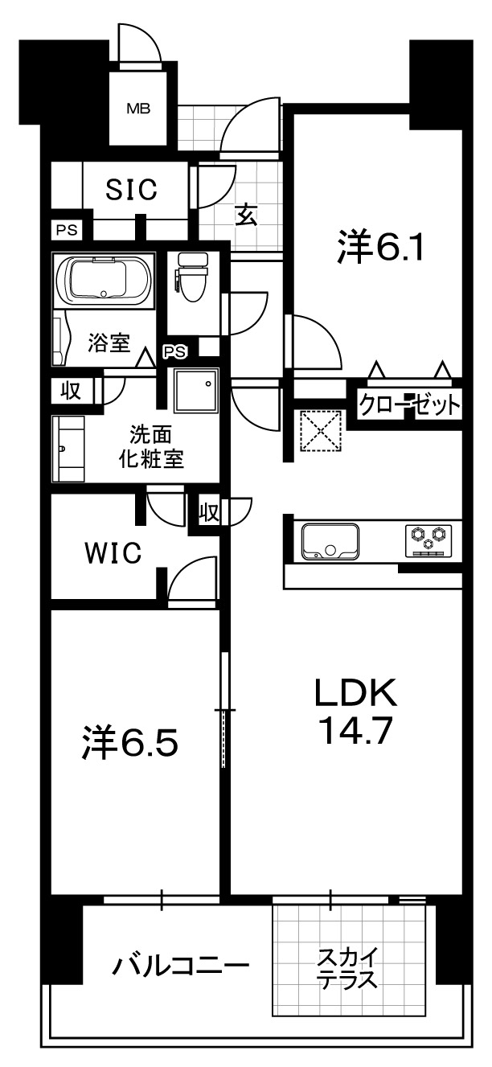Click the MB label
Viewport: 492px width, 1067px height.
pyautogui.click(x=138, y=109)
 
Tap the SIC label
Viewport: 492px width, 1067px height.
pyautogui.click(x=132, y=189)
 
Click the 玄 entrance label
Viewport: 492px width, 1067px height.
pyautogui.click(x=247, y=215)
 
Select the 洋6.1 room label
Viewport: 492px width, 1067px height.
pyautogui.click(x=380, y=246)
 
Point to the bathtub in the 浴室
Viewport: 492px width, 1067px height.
pyautogui.click(x=104, y=281)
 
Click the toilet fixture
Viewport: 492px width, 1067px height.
pyautogui.click(x=193, y=277)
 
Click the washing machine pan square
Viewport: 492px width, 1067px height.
pyautogui.click(x=195, y=390)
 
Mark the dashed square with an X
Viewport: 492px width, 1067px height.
pyautogui.click(x=321, y=431)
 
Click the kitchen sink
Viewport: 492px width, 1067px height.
pyautogui.click(x=330, y=541)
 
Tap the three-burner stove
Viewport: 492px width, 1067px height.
pyautogui.click(x=428, y=540)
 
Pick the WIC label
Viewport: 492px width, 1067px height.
pyautogui.click(x=113, y=552)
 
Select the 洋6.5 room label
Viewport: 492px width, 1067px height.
pyautogui.click(x=130, y=742)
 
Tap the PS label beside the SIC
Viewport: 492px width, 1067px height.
pyautogui.click(x=67, y=231)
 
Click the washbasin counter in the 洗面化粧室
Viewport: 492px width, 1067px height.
pyautogui.click(x=68, y=449)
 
